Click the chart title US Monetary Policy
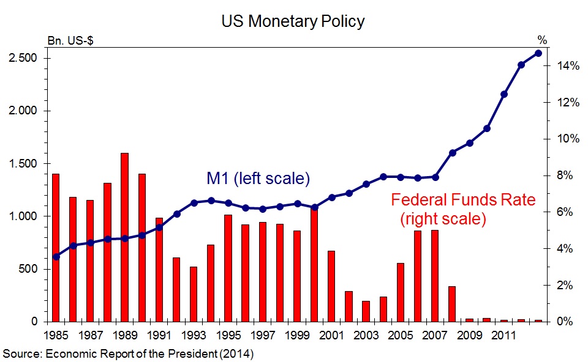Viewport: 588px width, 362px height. (293, 22)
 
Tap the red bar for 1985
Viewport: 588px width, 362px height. (56, 248)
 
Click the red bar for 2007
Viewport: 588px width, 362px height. (435, 276)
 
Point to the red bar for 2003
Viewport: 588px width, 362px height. (366, 311)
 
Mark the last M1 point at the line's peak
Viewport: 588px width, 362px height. (538, 53)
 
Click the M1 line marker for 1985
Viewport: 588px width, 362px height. (56, 257)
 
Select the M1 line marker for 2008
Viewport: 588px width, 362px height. (452, 153)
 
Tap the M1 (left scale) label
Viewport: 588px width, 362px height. (257, 179)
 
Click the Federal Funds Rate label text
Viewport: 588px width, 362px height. (463, 200)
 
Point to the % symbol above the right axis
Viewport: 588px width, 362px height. (542, 41)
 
